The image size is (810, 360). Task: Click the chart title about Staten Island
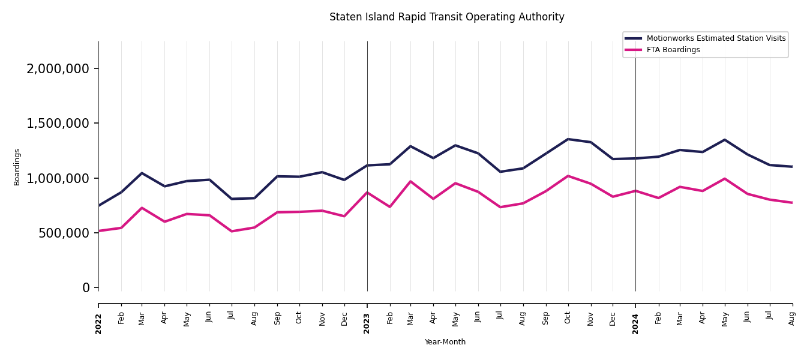(446, 17)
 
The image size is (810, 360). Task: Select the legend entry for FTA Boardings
(673, 50)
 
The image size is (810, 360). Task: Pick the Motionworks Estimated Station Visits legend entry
(715, 38)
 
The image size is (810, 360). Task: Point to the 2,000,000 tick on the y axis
(58, 68)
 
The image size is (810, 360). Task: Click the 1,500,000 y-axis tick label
(58, 123)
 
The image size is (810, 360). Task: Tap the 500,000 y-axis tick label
(64, 233)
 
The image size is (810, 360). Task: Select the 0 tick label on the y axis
(86, 287)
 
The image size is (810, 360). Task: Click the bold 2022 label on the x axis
(98, 323)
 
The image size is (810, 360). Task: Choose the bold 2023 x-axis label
(367, 323)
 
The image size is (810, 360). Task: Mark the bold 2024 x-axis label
(635, 323)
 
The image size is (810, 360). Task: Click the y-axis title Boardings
(17, 167)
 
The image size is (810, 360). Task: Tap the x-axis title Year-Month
(445, 342)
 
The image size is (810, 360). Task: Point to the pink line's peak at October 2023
(568, 176)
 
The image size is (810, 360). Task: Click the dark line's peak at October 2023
(568, 139)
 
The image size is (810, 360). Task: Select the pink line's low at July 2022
(232, 231)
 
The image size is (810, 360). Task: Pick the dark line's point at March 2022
(142, 173)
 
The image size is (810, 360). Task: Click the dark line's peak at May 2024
(725, 140)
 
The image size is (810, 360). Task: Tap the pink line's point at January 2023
(367, 193)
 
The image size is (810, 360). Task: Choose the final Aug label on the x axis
(792, 318)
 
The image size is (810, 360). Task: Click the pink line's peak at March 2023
(410, 181)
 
